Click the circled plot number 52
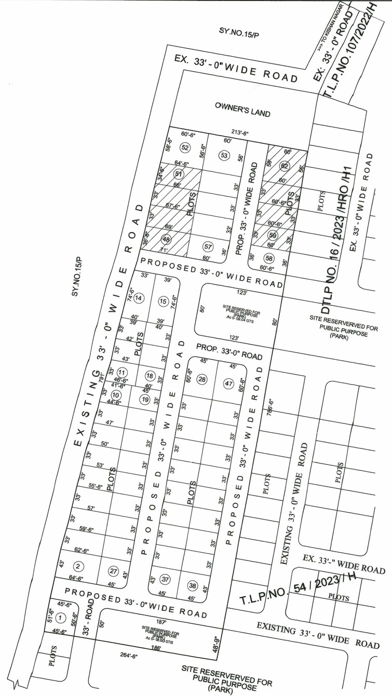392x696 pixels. point(184,147)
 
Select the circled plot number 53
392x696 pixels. point(224,155)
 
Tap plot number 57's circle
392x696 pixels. point(208,246)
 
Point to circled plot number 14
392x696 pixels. point(139,298)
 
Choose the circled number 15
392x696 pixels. point(163,301)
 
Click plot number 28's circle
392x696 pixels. point(202,379)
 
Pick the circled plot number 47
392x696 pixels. point(228,384)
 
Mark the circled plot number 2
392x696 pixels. point(78,566)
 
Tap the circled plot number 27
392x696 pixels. point(114,571)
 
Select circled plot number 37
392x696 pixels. point(165,579)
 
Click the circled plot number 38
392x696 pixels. point(192,585)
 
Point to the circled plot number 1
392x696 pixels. point(61,618)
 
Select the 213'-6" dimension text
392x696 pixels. point(239,133)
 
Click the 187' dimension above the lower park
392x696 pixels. point(161,621)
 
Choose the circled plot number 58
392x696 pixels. point(268,258)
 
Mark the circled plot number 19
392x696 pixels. point(145,400)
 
